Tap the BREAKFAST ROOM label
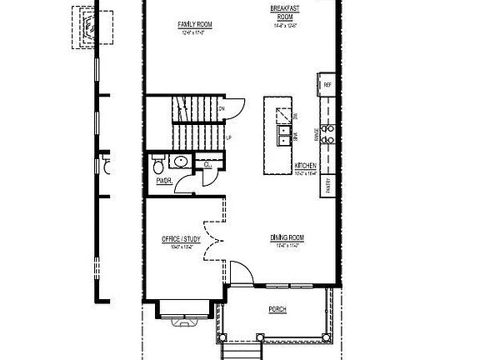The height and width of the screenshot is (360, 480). [285, 12]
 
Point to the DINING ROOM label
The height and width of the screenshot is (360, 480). [285, 237]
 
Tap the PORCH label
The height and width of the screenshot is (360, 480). [277, 309]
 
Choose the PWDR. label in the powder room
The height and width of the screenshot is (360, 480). [163, 182]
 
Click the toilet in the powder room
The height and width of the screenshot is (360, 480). [158, 162]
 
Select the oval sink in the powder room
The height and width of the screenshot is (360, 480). [179, 162]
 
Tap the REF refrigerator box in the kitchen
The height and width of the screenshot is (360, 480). [327, 84]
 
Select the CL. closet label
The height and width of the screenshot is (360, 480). [207, 165]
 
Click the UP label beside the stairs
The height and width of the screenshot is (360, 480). [228, 137]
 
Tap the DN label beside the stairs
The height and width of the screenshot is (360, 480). [222, 108]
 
